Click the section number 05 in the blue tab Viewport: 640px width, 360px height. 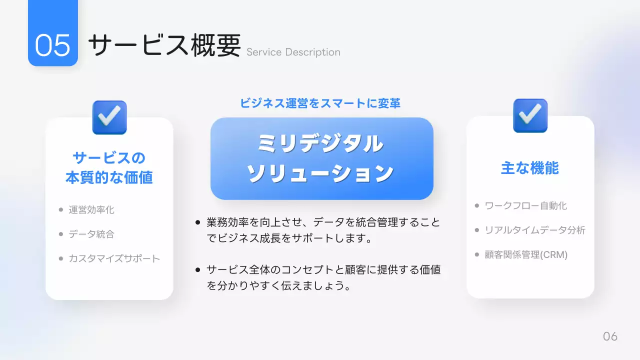pyautogui.click(x=52, y=45)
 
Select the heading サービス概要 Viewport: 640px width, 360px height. pyautogui.click(x=164, y=45)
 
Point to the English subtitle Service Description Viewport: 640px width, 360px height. pyautogui.click(x=293, y=52)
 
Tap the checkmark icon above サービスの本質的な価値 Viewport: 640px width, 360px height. pyautogui.click(x=109, y=117)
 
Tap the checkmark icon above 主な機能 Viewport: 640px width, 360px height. pyautogui.click(x=530, y=115)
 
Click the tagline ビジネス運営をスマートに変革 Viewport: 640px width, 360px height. pyautogui.click(x=320, y=103)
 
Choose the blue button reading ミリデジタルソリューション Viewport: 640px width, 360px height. pyautogui.click(x=321, y=158)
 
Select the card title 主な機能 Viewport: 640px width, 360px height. pyautogui.click(x=530, y=168)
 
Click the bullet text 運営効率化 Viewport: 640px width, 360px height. pyautogui.click(x=91, y=209)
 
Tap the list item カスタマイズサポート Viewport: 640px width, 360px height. pyautogui.click(x=114, y=258)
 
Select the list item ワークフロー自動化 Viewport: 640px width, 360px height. pyautogui.click(x=526, y=205)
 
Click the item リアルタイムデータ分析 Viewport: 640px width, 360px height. pyautogui.click(x=535, y=230)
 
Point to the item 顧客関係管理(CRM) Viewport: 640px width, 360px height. pyautogui.click(x=526, y=254)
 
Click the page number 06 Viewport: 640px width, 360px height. pyautogui.click(x=610, y=336)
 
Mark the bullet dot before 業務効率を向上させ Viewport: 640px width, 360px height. pyautogui.click(x=198, y=222)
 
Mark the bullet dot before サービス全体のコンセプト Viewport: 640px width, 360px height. pyautogui.click(x=198, y=270)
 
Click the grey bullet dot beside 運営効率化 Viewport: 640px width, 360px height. pyautogui.click(x=61, y=209)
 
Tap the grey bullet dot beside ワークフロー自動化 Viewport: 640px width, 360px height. pyautogui.click(x=477, y=205)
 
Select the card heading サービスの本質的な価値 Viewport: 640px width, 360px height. pyautogui.click(x=109, y=167)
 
